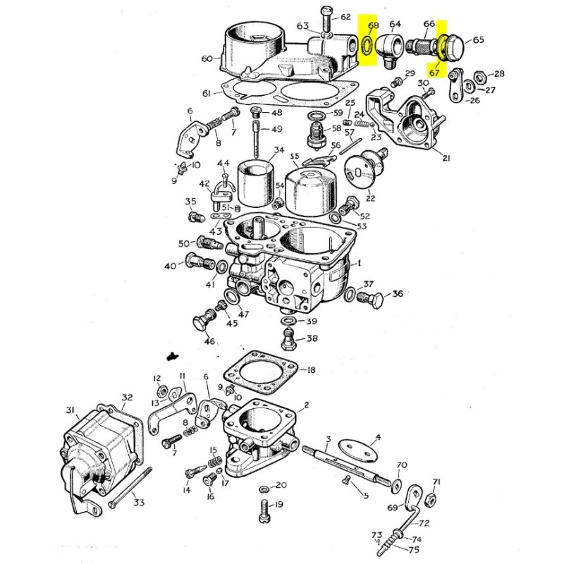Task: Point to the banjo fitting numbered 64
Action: click(x=389, y=49)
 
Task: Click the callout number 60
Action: click(x=207, y=59)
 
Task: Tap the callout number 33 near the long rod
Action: click(x=138, y=503)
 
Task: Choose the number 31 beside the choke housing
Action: click(x=70, y=410)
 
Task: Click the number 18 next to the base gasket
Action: click(x=311, y=370)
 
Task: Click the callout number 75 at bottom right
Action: click(x=414, y=551)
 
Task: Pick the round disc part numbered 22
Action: click(x=361, y=171)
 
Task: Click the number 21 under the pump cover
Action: click(x=445, y=159)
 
